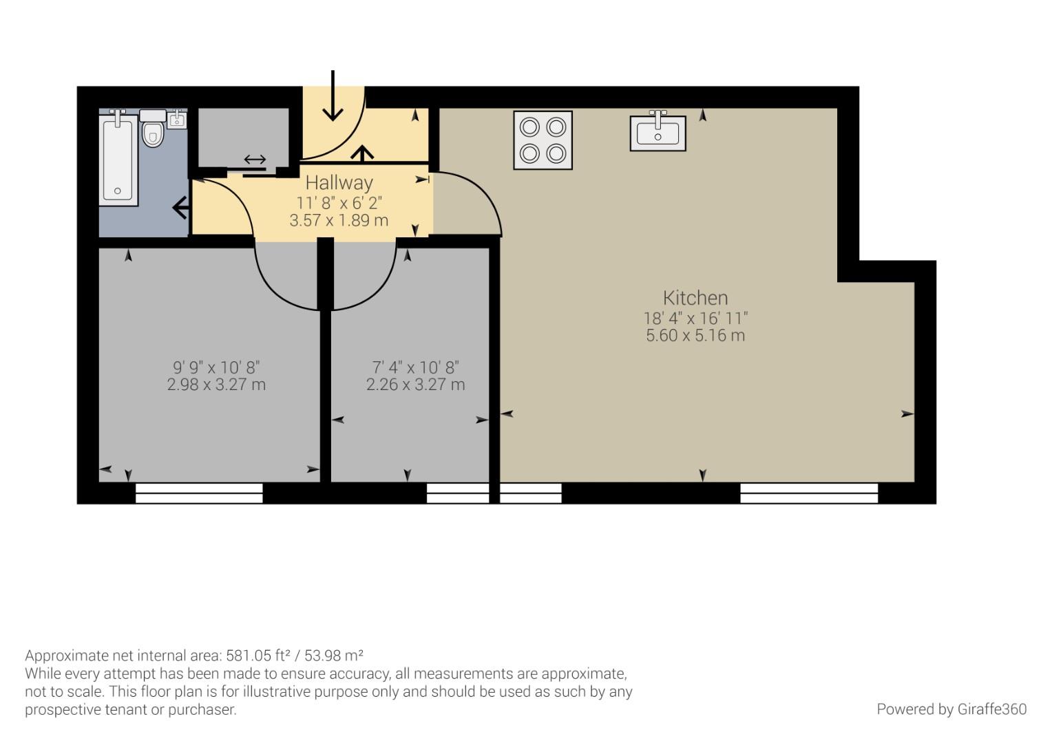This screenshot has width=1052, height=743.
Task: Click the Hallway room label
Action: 339,182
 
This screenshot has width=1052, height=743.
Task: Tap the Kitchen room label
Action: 695,298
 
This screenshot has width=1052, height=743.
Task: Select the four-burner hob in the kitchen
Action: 543,140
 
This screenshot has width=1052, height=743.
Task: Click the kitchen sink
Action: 658,131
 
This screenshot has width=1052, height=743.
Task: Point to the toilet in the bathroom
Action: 153,128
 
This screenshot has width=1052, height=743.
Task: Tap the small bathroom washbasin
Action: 177,119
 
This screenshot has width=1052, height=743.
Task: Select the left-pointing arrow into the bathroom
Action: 181,208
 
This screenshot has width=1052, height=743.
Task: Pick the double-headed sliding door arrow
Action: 255,160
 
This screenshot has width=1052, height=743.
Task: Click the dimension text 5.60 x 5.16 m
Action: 695,336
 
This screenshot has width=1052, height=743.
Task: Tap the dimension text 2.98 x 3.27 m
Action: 216,385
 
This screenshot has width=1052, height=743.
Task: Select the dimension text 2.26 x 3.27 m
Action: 415,385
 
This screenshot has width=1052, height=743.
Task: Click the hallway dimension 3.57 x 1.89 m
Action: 339,220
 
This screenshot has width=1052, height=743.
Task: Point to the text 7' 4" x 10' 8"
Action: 415,367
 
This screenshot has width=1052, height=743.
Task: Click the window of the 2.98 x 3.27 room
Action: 199,493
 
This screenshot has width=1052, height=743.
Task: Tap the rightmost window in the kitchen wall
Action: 809,493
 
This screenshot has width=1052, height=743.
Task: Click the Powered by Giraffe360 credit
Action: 951,709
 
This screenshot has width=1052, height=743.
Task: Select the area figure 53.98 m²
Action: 334,655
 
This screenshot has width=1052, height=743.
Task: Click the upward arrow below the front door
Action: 362,154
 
